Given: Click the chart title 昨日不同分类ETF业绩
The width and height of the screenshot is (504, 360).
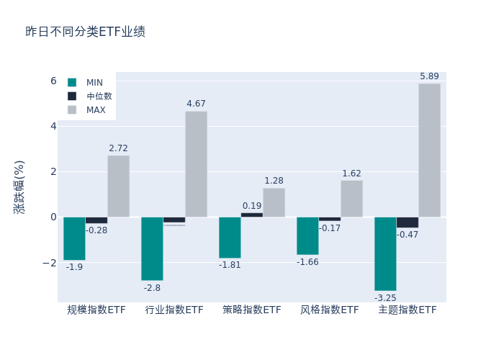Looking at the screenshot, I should coord(85,32).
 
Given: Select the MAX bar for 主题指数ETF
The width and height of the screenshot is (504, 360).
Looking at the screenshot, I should coord(429,150).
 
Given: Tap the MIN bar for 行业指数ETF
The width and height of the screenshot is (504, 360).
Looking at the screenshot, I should coord(152,248).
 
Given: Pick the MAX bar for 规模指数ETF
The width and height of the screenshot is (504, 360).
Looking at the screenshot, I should coord(118,186).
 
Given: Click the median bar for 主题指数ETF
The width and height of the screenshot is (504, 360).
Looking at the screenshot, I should coord(407,222).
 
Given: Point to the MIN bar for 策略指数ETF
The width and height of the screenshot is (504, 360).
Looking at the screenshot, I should coord(230,237).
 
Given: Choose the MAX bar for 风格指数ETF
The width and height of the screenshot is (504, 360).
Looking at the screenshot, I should coord(351,198).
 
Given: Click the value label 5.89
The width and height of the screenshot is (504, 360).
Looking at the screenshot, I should coord(429,76).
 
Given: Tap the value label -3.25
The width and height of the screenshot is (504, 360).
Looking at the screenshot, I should coord(385,297).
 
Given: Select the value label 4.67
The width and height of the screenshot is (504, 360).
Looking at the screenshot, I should coord(196,104).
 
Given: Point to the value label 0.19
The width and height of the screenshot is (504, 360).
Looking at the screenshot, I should coord(252,206).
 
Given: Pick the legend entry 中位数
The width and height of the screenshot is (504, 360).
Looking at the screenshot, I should coord(99,96).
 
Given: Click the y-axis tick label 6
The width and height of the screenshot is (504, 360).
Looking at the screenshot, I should coord(53,81).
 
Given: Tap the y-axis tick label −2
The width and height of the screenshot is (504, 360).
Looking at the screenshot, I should coord(48,262).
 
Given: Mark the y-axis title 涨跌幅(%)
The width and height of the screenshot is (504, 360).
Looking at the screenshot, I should coord(19,186).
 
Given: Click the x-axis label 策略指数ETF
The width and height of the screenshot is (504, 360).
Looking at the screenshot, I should coord(252,310).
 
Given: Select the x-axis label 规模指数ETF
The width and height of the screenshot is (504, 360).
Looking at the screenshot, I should coord(96,310).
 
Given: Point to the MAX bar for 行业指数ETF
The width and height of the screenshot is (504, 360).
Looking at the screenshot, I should coord(196,163).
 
